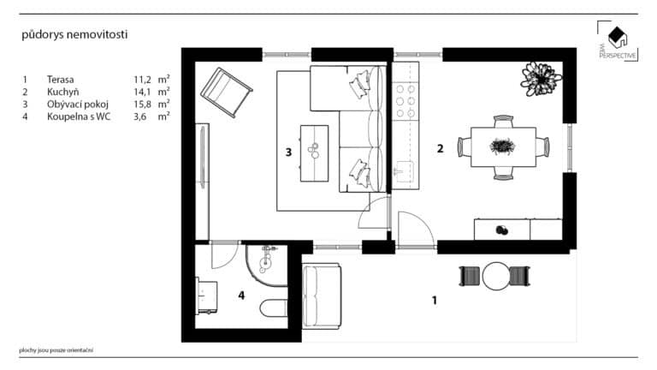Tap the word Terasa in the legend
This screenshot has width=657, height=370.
(x=61, y=78)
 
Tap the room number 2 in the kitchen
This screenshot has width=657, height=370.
(x=440, y=148)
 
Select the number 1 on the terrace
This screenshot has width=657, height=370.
(x=435, y=300)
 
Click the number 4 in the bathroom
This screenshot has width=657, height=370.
(x=241, y=296)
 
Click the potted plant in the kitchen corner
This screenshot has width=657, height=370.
(x=541, y=78)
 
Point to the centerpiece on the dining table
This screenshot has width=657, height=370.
(x=502, y=146)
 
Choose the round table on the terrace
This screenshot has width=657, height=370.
(x=496, y=277)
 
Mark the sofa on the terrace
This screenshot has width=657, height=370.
(x=322, y=293)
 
